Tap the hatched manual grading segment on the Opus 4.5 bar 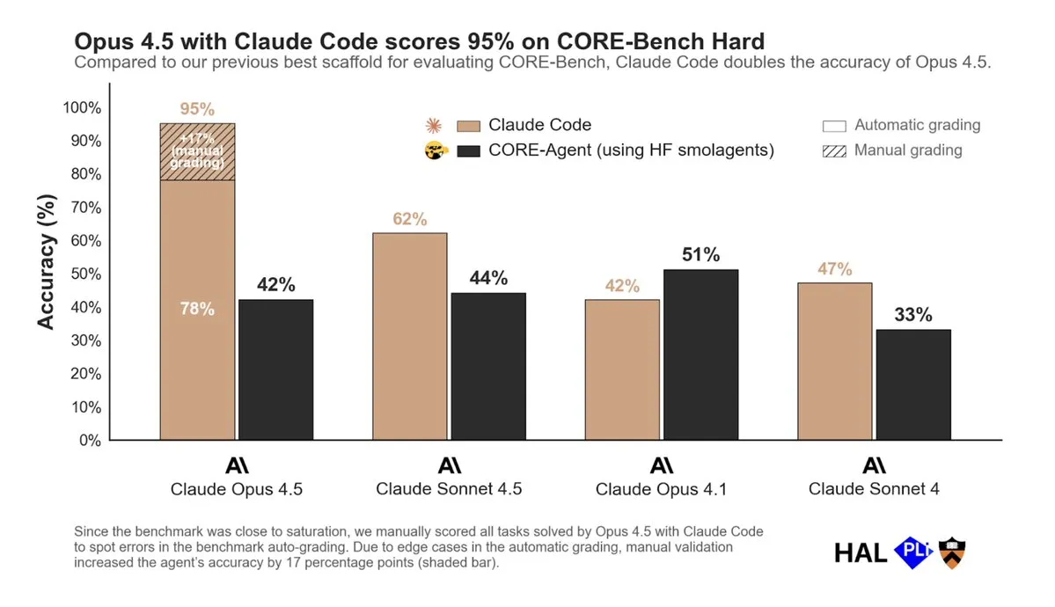tap(197, 151)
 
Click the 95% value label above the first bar tap(197, 109)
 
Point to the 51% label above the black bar tap(701, 255)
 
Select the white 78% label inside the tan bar tap(197, 309)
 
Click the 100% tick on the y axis tap(82, 107)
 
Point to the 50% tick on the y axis tap(85, 274)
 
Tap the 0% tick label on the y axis tap(89, 440)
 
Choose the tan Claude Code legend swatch tap(468, 125)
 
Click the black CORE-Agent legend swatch tap(468, 150)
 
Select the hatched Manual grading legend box tap(833, 150)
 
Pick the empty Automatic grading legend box tap(833, 125)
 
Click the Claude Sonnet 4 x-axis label tap(874, 489)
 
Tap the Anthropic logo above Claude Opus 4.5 tap(237, 465)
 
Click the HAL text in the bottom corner tap(861, 552)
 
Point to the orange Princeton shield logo tap(952, 552)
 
